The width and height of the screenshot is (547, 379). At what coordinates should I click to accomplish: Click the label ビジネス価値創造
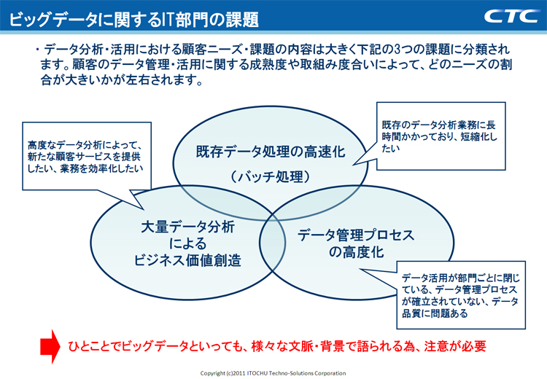187,260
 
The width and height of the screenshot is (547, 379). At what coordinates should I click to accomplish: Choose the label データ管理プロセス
356,235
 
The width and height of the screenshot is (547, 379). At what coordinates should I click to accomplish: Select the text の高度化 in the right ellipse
355,253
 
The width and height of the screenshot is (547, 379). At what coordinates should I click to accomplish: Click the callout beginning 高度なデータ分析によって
82,156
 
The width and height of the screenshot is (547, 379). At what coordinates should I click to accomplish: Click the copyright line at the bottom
273,372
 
